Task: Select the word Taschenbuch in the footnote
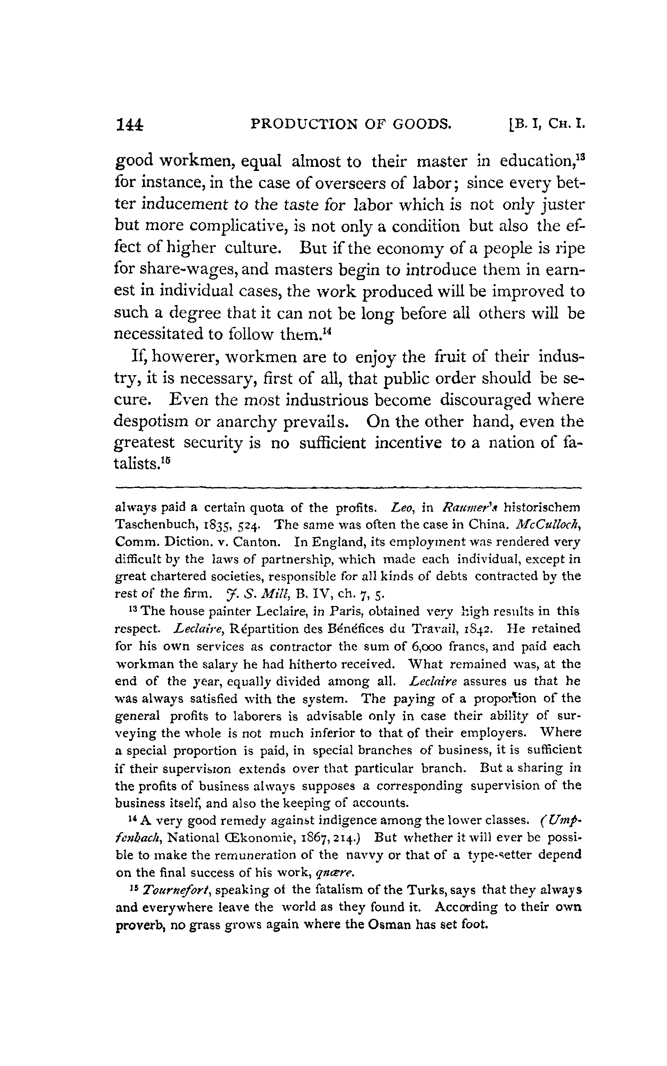point(153,525)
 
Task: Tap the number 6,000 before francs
point(424,646)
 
